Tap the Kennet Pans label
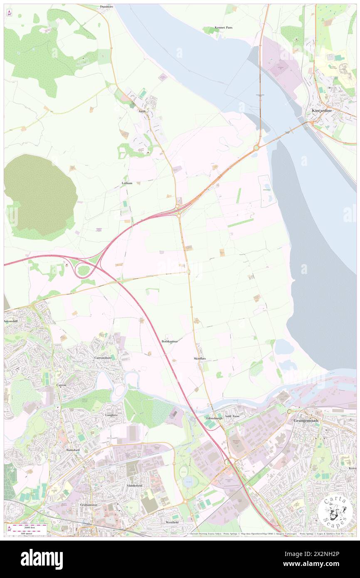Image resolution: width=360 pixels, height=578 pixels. pyautogui.click(x=224, y=27)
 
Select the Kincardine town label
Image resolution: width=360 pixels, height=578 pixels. pyautogui.click(x=321, y=111)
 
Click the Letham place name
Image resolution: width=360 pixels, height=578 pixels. pyautogui.click(x=127, y=183)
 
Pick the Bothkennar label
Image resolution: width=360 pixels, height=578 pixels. pyautogui.click(x=170, y=341)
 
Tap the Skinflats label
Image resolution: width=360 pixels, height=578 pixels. pyautogui.click(x=200, y=358)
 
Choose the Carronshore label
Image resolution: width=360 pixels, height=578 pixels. pyautogui.click(x=103, y=358)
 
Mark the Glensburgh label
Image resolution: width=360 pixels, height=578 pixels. pyautogui.click(x=215, y=418)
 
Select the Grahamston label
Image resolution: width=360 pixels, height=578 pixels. pyautogui.click(x=89, y=505)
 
